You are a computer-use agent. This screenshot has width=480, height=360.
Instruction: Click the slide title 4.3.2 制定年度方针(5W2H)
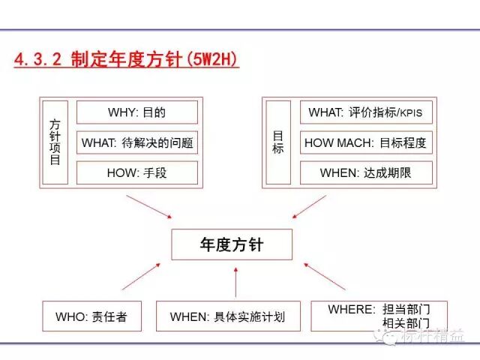click(x=127, y=60)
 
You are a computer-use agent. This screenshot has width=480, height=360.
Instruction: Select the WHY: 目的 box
click(x=137, y=113)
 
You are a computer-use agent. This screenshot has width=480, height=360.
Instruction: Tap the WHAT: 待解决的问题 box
click(x=137, y=142)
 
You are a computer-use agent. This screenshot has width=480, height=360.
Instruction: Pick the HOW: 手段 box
click(x=137, y=172)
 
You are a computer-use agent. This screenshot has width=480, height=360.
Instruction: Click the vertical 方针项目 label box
click(x=55, y=142)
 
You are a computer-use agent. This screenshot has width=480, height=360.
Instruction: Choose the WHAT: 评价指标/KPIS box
click(x=366, y=112)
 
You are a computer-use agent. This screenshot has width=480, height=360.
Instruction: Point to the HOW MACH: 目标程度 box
click(x=366, y=142)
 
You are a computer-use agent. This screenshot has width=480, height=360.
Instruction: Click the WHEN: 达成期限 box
click(x=366, y=172)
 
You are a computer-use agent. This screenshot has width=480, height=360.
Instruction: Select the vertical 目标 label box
click(x=278, y=142)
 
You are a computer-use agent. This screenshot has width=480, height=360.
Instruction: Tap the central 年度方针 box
click(x=231, y=244)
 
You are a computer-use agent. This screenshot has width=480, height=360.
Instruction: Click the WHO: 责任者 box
click(x=91, y=316)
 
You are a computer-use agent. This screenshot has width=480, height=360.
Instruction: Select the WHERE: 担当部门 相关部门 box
click(x=378, y=316)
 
